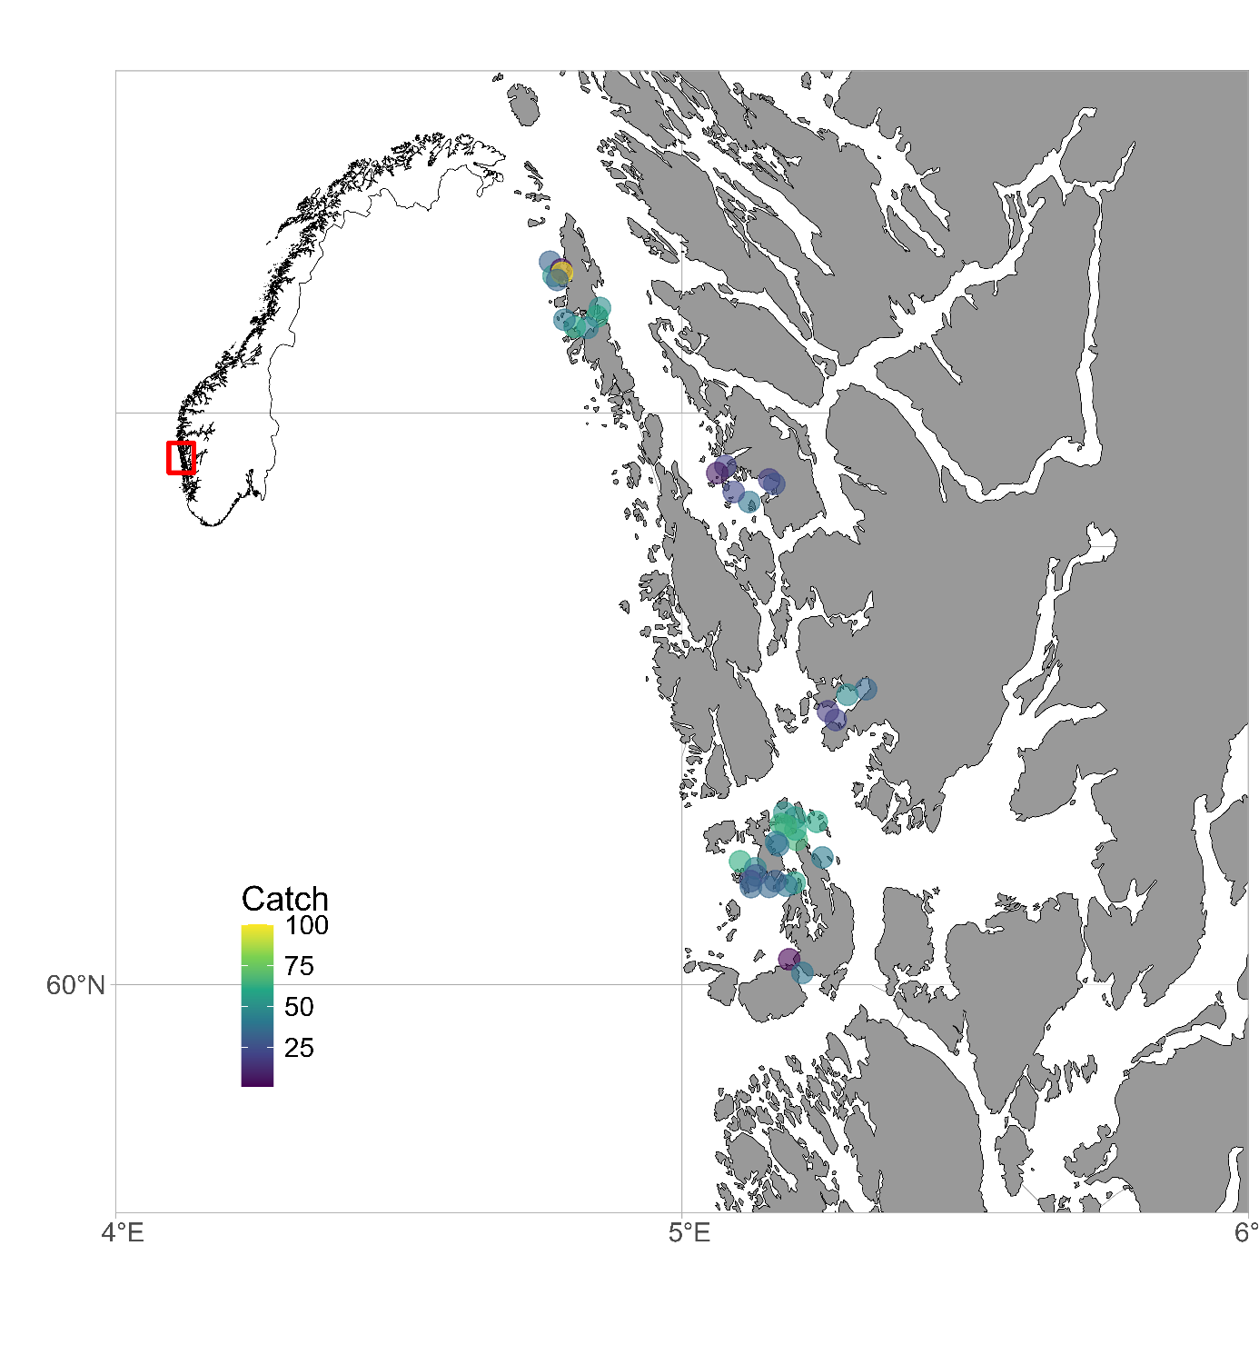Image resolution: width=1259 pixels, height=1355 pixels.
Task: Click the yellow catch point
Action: [x=562, y=272]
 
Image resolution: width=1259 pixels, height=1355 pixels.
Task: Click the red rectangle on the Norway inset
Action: [x=182, y=457]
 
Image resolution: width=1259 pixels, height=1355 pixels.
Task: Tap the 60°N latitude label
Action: [x=75, y=985]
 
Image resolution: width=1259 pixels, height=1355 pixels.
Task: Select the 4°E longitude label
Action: [x=123, y=1233]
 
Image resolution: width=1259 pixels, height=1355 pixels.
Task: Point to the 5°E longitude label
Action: [x=689, y=1233]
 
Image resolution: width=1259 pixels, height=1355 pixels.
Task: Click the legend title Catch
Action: [x=284, y=899]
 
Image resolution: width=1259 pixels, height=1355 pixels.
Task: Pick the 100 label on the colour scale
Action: [x=306, y=925]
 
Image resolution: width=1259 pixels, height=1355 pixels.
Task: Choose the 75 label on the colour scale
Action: [x=299, y=966]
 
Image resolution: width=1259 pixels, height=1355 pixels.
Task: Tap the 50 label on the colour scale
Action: [x=299, y=1007]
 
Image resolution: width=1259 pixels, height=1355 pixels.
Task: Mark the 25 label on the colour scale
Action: [x=299, y=1048]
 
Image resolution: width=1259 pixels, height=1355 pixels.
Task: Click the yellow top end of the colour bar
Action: [x=257, y=930]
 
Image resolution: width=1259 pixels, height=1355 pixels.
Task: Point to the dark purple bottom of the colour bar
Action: [x=257, y=1081]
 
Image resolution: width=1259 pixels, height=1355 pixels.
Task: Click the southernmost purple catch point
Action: [x=788, y=958]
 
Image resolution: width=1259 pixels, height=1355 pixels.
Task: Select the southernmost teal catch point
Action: [x=802, y=973]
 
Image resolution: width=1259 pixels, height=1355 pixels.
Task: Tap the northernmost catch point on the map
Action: [x=549, y=263]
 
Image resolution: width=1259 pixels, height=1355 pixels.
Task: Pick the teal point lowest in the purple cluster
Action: [x=748, y=502]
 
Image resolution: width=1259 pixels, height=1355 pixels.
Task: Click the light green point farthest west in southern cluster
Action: [x=739, y=861]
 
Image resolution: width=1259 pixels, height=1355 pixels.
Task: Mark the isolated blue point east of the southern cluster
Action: [x=821, y=857]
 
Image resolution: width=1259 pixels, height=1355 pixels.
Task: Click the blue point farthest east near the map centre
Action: [x=866, y=688]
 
